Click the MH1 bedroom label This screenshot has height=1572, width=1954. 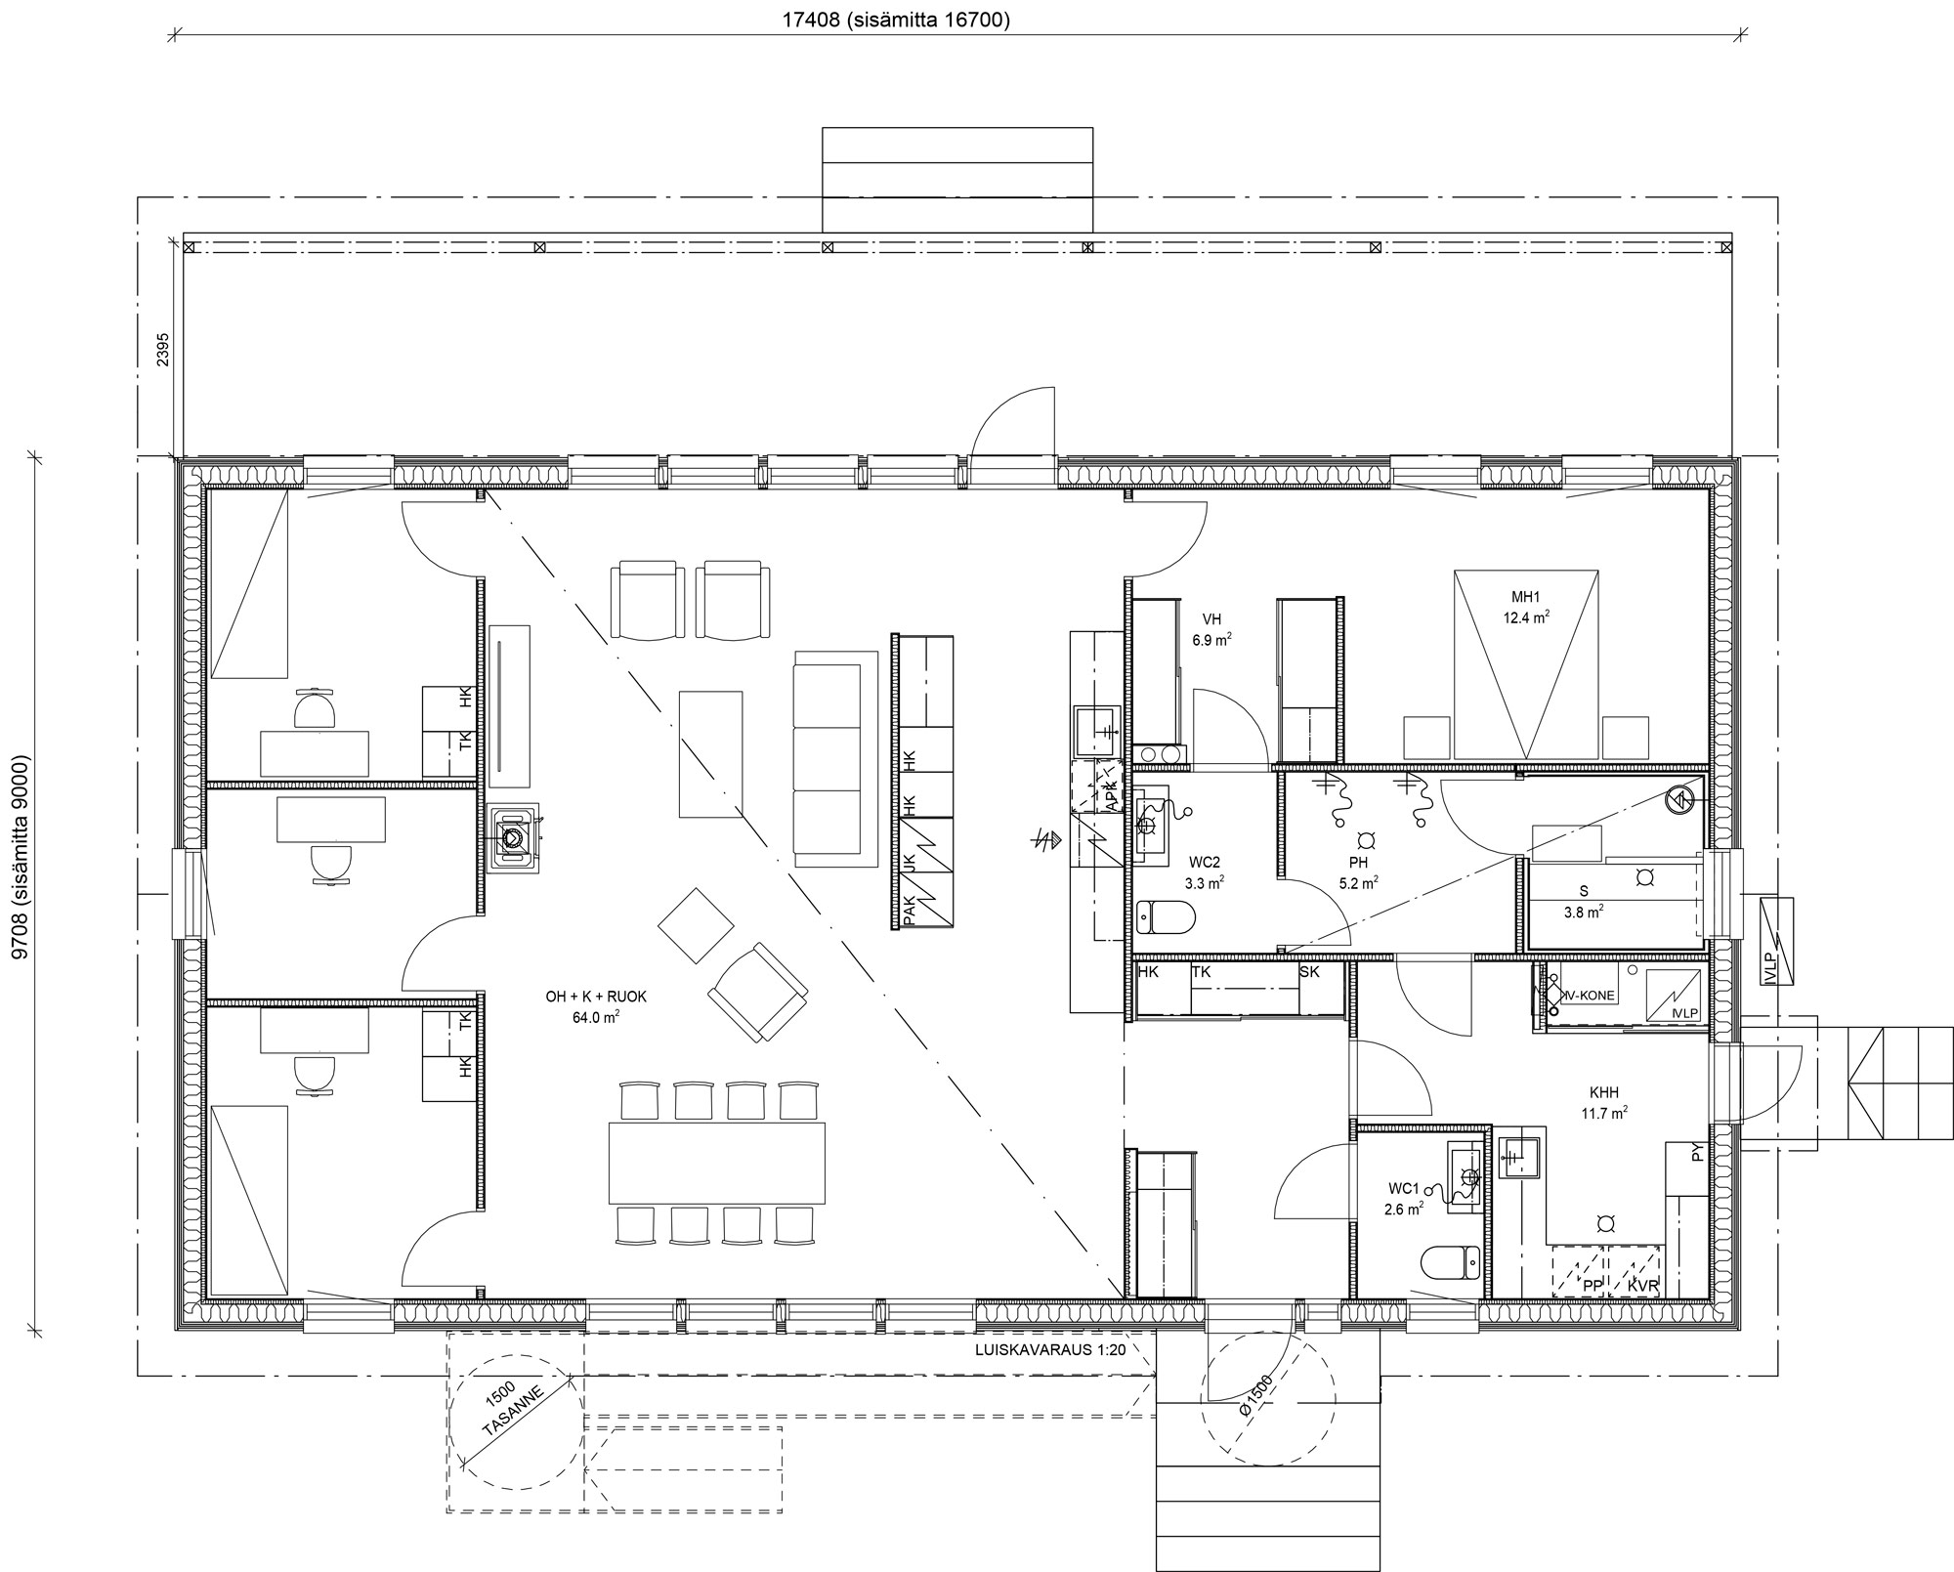1525,597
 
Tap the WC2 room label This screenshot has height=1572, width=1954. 1204,863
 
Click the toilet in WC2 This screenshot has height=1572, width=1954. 1167,918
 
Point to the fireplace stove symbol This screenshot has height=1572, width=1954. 514,837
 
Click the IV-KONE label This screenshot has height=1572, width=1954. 1590,996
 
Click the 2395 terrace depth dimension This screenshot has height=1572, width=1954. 163,349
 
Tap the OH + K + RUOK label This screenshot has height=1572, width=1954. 596,997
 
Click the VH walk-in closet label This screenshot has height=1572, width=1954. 1211,618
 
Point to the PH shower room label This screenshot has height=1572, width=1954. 1358,863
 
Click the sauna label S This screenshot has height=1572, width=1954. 1583,891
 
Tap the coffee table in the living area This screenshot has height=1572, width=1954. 710,753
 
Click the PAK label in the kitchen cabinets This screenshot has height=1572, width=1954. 910,910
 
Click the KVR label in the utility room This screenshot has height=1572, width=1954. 1642,1287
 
